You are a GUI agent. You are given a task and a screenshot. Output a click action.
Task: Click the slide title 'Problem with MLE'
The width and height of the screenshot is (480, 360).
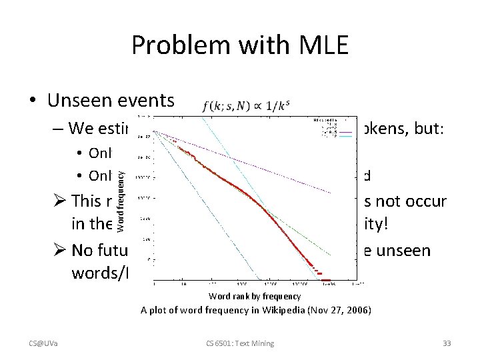tap(239, 46)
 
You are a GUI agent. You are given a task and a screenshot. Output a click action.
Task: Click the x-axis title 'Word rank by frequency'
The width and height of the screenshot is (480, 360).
tap(255, 296)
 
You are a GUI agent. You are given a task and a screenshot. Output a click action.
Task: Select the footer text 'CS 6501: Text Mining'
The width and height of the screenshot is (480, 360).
tap(240, 343)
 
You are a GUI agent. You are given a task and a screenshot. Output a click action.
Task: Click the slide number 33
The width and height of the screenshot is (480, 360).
tap(447, 343)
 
